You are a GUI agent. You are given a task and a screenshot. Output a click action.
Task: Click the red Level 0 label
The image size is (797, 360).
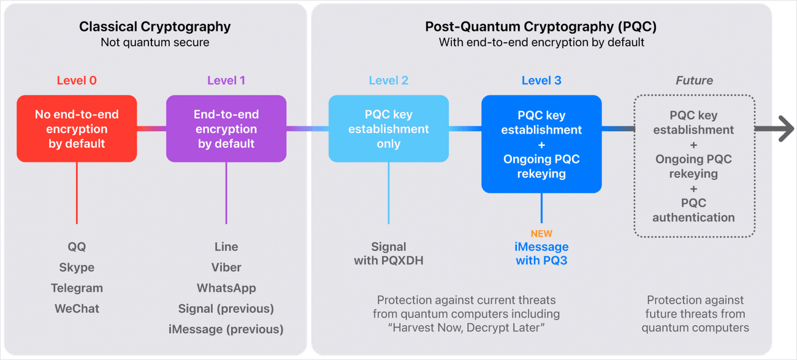77,80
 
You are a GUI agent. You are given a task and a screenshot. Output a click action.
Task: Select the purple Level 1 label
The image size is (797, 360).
226,80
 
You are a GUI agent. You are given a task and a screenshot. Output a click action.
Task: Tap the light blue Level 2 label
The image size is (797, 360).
388,80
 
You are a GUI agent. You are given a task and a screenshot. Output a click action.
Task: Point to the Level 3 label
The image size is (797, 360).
541,80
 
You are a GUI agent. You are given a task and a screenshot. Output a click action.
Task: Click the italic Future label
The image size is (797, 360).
694,80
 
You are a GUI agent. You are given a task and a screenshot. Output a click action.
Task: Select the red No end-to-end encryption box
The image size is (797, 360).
77,129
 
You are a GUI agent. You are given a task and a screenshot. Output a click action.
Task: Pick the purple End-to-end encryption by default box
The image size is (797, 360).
226,129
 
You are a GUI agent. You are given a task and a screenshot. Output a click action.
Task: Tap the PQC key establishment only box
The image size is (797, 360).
388,129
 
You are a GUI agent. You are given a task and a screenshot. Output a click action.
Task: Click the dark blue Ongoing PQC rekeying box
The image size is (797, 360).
541,144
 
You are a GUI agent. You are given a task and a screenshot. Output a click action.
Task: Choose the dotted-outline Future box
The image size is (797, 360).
694,166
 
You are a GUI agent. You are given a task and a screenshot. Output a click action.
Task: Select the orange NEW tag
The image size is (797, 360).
541,234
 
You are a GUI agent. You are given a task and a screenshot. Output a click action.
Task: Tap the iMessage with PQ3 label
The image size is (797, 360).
541,253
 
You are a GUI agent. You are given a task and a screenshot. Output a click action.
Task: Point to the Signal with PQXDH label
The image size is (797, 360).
388,253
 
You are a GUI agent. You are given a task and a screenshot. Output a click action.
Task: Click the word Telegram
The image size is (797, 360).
77,288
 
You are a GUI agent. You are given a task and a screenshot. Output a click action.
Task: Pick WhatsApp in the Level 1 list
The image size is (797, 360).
226,288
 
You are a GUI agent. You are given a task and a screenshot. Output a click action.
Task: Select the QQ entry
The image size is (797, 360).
77,247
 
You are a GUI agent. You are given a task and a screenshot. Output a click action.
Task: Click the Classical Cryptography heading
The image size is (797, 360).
154,27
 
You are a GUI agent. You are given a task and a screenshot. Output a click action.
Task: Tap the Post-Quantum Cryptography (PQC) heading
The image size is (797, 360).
541,27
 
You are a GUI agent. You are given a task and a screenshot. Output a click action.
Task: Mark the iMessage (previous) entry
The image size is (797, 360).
226,329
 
